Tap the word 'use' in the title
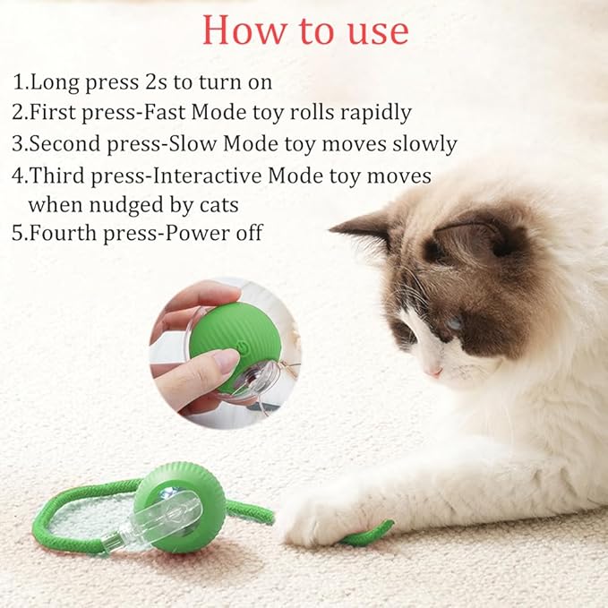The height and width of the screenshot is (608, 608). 376,30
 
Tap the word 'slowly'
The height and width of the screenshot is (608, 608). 420,143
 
